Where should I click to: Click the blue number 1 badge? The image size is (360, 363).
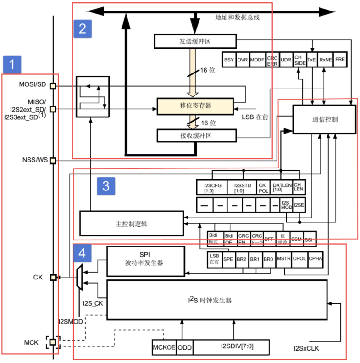(12, 65)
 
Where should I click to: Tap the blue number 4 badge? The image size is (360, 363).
(83, 252)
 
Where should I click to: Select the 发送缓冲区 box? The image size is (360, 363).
(195, 41)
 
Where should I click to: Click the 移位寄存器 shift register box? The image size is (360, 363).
(195, 106)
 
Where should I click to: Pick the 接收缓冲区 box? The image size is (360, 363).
(195, 135)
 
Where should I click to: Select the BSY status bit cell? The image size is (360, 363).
(229, 60)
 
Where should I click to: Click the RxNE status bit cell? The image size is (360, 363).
(326, 60)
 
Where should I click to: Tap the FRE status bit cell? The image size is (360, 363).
(340, 60)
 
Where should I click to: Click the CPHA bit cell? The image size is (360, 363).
(315, 259)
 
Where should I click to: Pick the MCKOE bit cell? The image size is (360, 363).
(164, 347)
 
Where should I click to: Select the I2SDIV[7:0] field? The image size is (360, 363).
(231, 347)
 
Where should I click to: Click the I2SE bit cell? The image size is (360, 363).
(299, 205)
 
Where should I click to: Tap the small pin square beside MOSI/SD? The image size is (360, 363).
(53, 86)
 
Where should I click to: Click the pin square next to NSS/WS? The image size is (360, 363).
(53, 161)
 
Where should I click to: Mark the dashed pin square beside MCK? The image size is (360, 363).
(53, 342)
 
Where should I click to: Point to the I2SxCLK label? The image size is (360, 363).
(306, 349)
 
